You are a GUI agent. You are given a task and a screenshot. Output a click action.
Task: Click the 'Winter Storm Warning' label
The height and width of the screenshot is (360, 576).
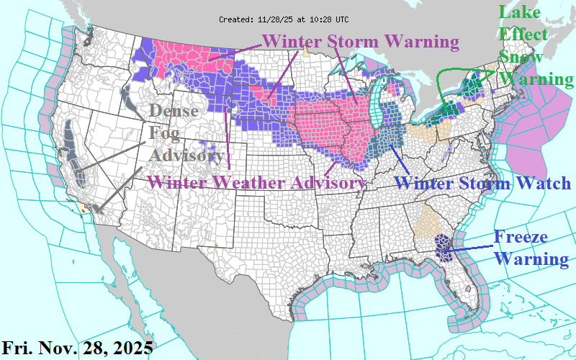[360, 42]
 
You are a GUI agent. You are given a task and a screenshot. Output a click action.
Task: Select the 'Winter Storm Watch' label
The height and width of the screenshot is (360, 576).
[484, 183]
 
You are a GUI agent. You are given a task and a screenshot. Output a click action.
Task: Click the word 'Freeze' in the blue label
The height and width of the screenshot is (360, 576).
[520, 237]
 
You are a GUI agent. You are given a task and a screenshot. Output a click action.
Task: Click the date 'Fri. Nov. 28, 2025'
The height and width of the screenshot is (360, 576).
[77, 348]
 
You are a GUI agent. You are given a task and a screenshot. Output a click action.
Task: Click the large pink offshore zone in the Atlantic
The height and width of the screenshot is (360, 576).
[536, 130]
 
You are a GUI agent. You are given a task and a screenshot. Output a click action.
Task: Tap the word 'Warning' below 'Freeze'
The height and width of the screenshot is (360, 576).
[531, 258]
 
